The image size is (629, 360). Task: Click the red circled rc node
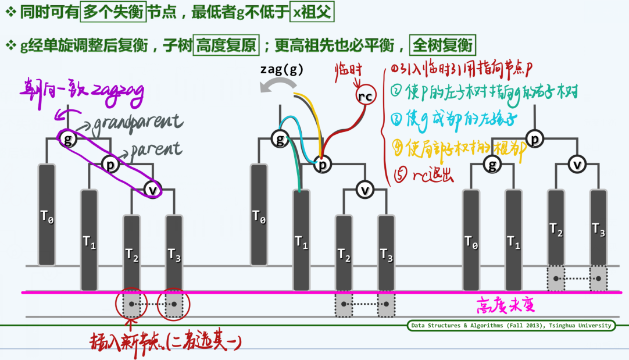366,97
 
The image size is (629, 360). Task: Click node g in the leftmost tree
69,139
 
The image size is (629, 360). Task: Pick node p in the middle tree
322,165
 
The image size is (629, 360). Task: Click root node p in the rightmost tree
535,139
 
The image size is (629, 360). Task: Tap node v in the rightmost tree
577,165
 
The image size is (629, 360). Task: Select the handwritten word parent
156,149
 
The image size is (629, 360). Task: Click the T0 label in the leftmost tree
47,217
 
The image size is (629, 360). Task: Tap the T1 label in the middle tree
301,243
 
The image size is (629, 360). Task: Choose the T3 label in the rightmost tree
599,229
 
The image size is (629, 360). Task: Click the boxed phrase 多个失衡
113,12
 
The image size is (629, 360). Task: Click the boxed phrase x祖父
312,12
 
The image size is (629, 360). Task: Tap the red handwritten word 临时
348,70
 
